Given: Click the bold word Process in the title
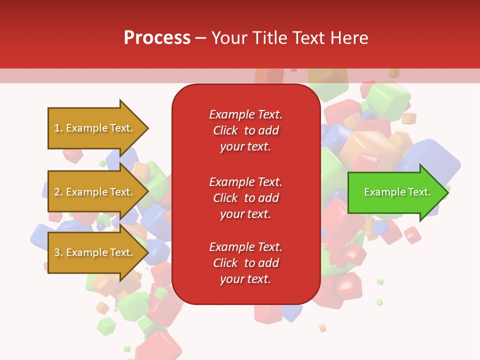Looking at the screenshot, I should coord(157,37).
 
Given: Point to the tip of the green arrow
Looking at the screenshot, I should coord(447,192).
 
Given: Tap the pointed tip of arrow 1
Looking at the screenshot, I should coord(147,128).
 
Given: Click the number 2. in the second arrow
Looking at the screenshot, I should coord(58,192).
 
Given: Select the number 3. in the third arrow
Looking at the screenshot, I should coord(58,252).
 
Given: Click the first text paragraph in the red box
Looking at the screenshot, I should coord(245,130).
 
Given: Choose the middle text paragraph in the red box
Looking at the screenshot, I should coord(245,198).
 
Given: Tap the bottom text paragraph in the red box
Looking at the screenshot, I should coord(245,263).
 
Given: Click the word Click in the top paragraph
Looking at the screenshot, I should coord(225,130).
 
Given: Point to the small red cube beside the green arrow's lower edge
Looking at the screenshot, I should coord(412,234).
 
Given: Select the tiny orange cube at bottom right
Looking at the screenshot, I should coord(322,328).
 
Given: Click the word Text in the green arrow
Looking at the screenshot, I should coord(419,192).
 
